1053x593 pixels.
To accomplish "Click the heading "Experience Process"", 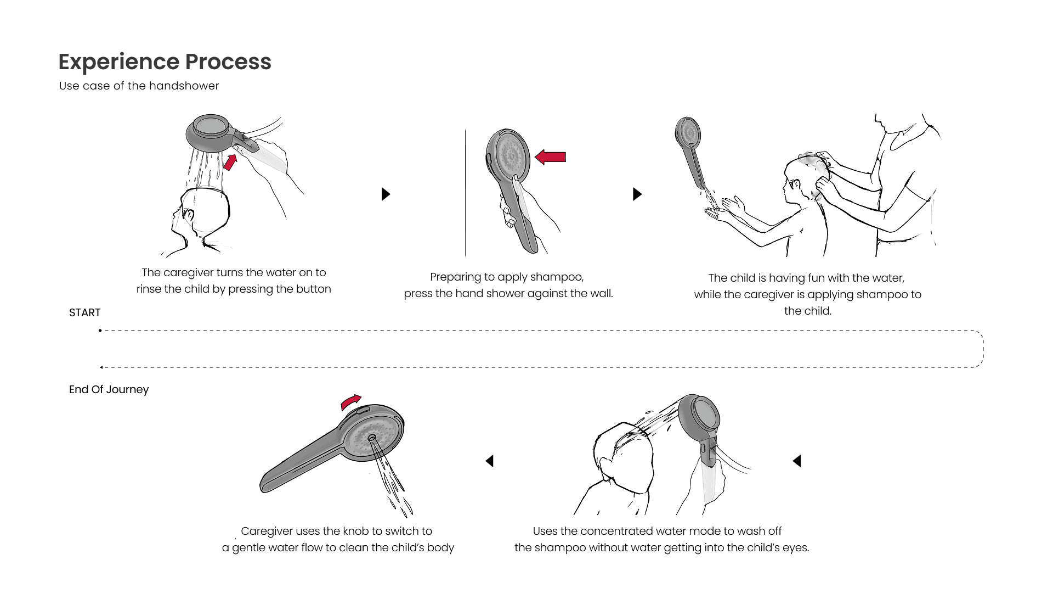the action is pyautogui.click(x=165, y=62).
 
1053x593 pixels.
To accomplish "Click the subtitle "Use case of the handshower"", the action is pyautogui.click(x=139, y=86).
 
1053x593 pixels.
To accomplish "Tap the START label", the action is pyautogui.click(x=85, y=312).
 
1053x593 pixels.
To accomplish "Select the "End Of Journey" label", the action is pyautogui.click(x=109, y=389).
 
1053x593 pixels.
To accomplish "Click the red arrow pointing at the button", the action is pyautogui.click(x=230, y=163).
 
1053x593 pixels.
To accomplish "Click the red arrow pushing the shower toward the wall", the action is pyautogui.click(x=550, y=157).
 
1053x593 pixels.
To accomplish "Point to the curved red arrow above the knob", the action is pyautogui.click(x=351, y=401).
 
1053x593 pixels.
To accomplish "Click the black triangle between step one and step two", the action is pyautogui.click(x=386, y=194).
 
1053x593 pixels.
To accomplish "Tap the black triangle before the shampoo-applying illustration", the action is pyautogui.click(x=637, y=194).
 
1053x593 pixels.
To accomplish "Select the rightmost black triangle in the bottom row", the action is pyautogui.click(x=797, y=461).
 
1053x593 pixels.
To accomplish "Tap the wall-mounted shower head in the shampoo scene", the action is pyautogui.click(x=688, y=131).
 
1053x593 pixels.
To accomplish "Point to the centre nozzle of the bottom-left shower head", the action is pyautogui.click(x=372, y=438).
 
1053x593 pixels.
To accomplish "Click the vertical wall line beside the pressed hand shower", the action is pyautogui.click(x=466, y=193).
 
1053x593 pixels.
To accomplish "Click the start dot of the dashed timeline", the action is pyautogui.click(x=100, y=331).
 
